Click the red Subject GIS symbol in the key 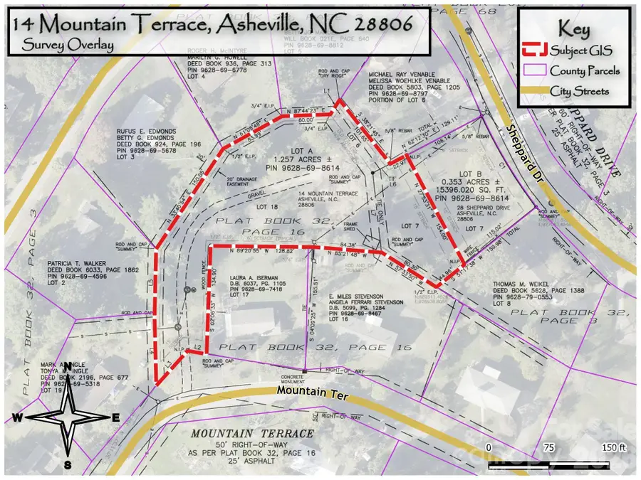(534, 50)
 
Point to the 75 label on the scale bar (547, 447)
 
